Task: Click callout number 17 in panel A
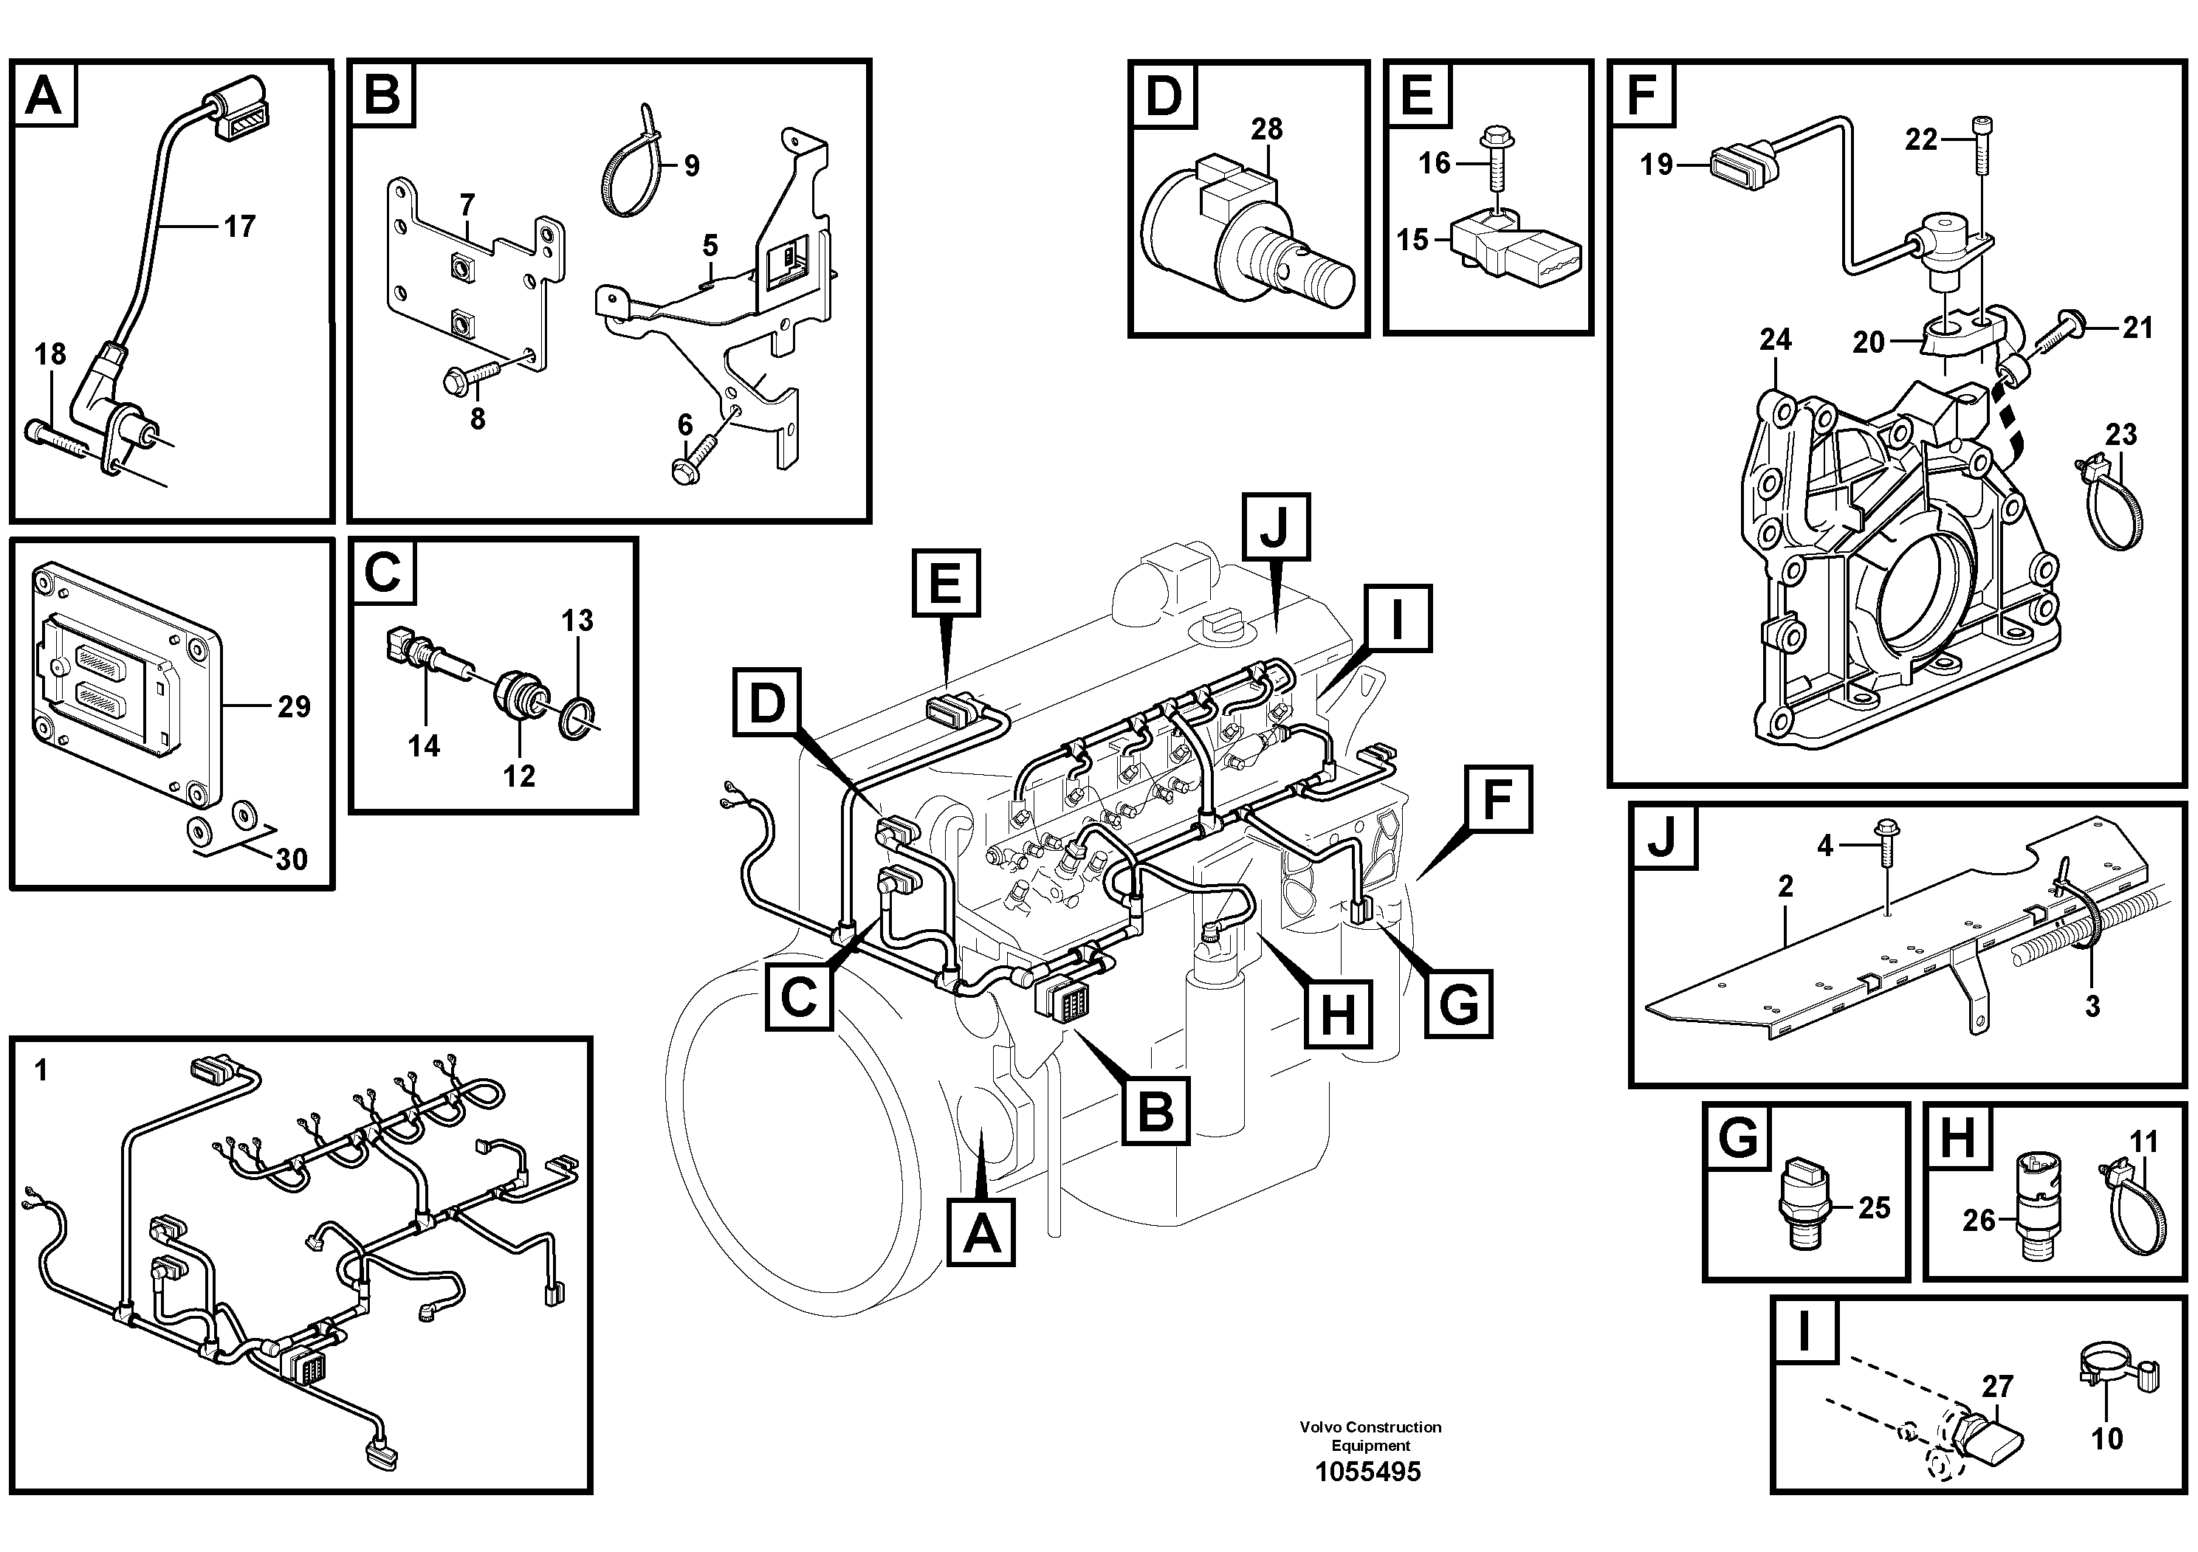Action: point(239,227)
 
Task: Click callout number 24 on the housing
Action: point(1775,339)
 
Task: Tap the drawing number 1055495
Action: point(1368,1472)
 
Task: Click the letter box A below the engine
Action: point(981,1235)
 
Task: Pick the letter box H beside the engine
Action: point(1339,1013)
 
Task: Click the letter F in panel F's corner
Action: point(1643,94)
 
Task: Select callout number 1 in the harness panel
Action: point(40,1070)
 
